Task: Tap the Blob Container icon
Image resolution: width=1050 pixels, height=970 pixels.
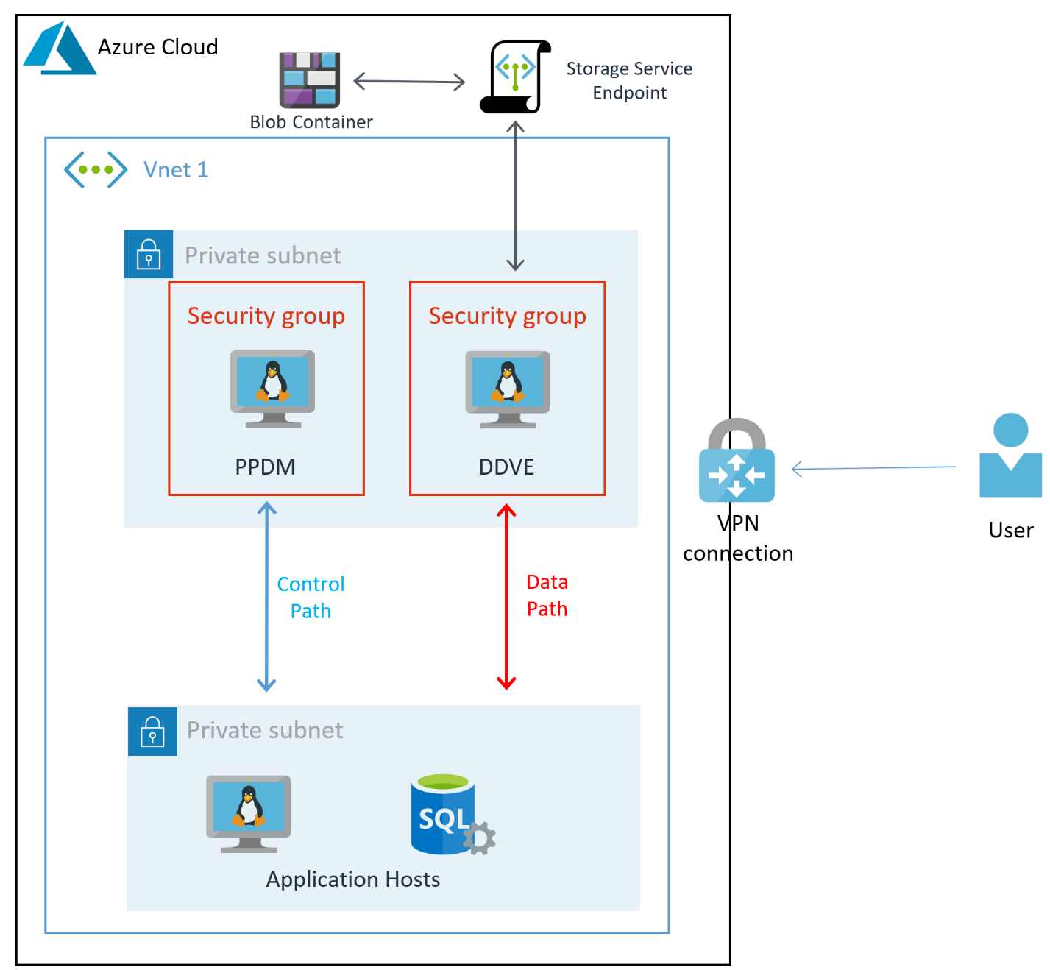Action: point(309,79)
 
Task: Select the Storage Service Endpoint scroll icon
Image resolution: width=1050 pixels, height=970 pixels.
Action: point(516,77)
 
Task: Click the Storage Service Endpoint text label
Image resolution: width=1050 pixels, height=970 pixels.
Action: point(629,80)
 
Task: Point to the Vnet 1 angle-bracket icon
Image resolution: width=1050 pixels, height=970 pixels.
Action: point(96,169)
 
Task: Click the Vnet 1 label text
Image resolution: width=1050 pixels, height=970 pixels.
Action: point(176,170)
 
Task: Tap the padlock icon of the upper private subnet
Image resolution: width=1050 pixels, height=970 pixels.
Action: point(149,254)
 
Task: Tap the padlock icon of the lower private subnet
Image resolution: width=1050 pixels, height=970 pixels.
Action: point(152,731)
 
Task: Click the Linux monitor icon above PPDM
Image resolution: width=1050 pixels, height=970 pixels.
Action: point(272,388)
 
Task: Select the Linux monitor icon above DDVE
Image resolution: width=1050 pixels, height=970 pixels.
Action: point(507,389)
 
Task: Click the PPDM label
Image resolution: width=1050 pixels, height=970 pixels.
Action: point(265,467)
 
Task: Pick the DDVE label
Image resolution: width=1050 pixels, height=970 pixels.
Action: point(506,467)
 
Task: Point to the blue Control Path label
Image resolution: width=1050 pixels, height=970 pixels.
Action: point(311,597)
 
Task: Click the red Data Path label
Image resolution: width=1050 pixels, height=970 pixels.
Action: point(547,595)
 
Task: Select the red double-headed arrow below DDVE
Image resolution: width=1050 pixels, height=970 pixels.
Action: point(506,597)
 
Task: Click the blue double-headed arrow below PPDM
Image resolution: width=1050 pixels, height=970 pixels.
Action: point(266,597)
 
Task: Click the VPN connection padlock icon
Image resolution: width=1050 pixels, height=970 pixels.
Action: point(737,462)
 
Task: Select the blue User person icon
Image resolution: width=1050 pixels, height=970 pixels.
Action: point(1010,456)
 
